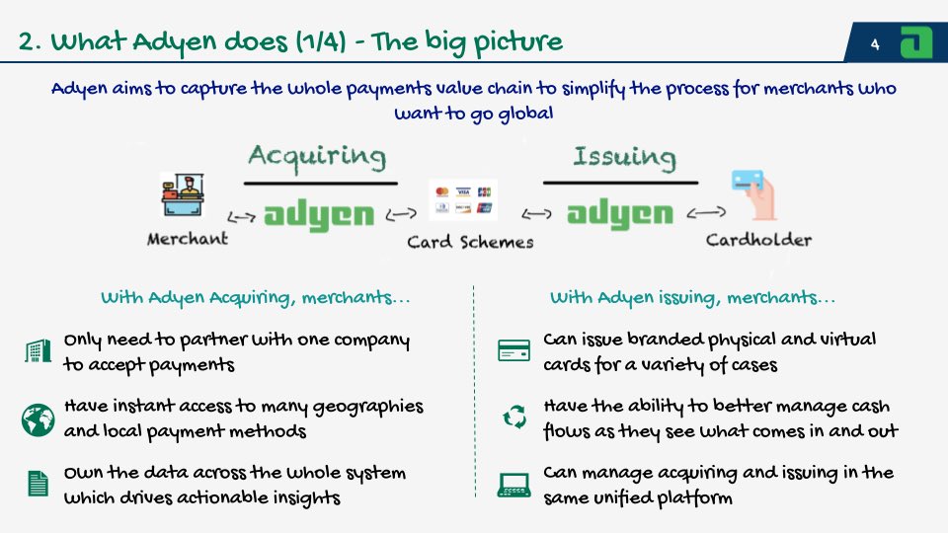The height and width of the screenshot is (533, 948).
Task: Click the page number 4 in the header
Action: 875,43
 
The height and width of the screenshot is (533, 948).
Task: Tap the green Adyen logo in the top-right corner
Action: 917,42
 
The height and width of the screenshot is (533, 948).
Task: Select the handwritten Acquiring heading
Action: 317,156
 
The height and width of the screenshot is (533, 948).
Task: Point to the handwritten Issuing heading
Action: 623,157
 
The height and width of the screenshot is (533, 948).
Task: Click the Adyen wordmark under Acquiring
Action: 319,213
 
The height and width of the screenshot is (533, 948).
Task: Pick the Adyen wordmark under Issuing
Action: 620,213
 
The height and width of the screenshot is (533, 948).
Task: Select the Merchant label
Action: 188,239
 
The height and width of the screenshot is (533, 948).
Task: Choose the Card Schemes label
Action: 470,242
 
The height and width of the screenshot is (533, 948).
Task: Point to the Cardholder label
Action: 758,240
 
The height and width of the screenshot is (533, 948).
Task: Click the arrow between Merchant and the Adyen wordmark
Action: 241,214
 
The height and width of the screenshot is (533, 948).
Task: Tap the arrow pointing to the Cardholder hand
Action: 707,212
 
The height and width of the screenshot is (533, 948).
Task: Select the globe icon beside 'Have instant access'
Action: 38,419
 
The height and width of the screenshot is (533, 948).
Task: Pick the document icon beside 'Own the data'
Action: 38,484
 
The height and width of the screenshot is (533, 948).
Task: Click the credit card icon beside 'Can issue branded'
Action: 513,351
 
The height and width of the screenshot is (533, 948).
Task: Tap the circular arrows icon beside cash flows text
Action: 514,419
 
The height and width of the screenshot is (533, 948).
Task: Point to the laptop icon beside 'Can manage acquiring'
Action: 513,484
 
